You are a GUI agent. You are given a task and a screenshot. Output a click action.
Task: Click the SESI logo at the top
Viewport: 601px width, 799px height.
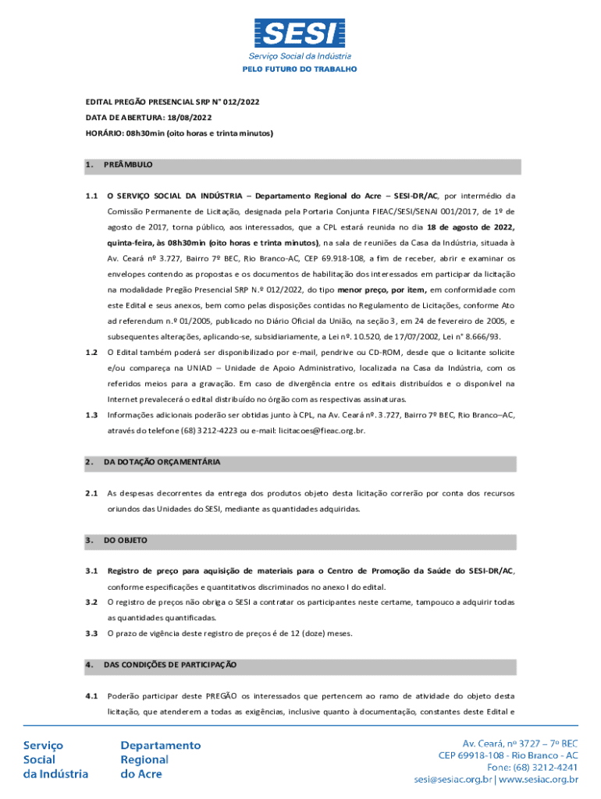[300, 33]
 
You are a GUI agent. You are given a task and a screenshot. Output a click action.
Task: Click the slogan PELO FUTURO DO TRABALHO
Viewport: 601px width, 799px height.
[300, 69]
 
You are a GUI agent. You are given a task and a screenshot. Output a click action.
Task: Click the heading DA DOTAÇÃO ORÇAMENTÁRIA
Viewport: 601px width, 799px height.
[162, 462]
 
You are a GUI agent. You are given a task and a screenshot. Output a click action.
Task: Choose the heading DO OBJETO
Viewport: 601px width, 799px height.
[125, 540]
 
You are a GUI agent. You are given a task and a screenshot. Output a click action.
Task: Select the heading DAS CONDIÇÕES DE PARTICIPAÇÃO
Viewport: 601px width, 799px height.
[170, 665]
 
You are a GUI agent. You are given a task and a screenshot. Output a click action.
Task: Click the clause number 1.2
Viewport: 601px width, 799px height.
[91, 352]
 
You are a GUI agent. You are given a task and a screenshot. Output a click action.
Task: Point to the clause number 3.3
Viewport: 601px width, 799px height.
[91, 633]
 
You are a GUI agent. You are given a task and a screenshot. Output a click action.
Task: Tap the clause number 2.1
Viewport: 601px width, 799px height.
[91, 493]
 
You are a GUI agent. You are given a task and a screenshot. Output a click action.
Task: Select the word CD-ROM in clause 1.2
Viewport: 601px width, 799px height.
[375, 352]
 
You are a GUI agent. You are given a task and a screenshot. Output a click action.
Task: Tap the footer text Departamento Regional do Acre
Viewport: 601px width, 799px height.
[155, 759]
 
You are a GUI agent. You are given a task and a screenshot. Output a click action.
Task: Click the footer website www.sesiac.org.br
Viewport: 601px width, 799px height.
[538, 778]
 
